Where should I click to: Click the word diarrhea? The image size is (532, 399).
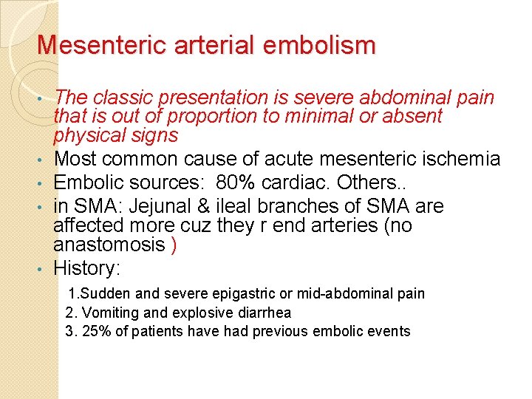(x=265, y=313)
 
